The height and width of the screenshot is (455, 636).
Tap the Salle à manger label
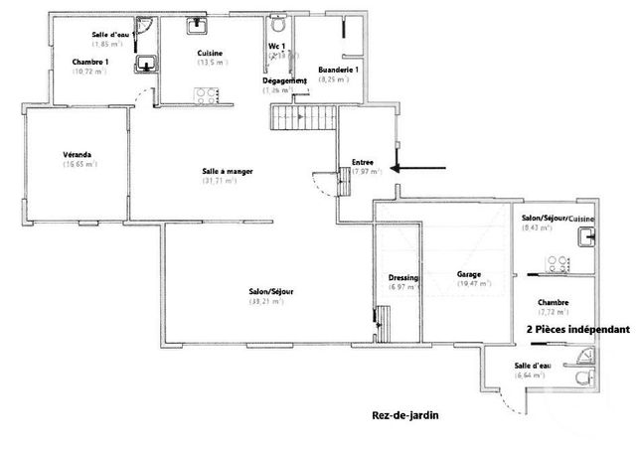[x=227, y=171]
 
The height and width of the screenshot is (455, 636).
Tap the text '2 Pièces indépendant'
[x=577, y=330]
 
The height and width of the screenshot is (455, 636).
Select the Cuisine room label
[x=210, y=53]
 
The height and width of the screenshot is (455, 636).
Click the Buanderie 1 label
[x=338, y=70]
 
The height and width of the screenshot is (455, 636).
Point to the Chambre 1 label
[x=90, y=62]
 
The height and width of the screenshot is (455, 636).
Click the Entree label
[x=364, y=163]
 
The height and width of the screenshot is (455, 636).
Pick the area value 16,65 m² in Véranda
[x=79, y=165]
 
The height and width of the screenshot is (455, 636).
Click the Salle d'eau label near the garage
[x=532, y=366]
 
